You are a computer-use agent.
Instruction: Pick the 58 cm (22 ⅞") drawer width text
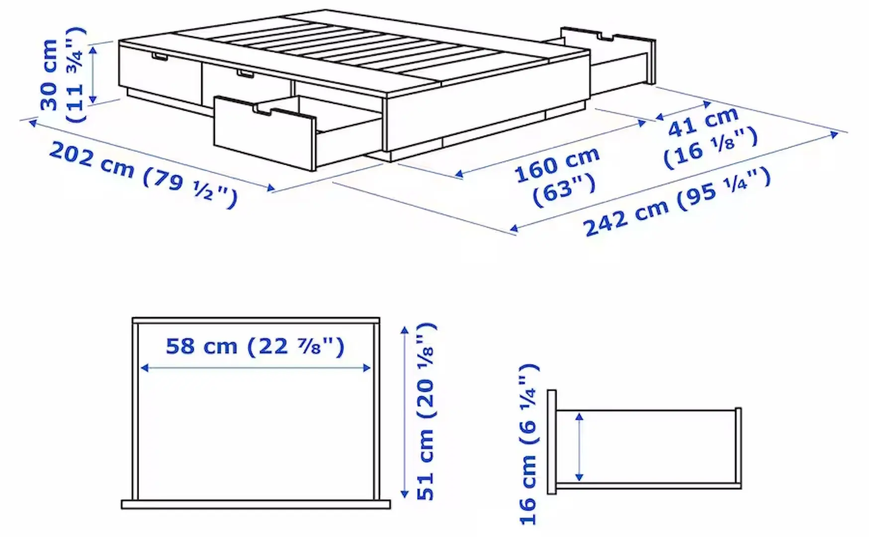click(255, 346)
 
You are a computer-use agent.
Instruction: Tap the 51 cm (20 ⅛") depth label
click(427, 411)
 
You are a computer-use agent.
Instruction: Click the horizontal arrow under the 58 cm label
click(256, 368)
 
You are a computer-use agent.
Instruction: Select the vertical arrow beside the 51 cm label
click(405, 412)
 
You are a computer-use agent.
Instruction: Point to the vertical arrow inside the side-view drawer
click(579, 447)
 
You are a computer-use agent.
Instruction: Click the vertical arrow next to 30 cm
click(92, 74)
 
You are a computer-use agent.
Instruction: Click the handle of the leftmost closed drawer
click(160, 58)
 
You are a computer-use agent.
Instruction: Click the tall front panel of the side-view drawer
click(551, 442)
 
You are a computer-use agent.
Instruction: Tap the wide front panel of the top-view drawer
click(256, 505)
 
